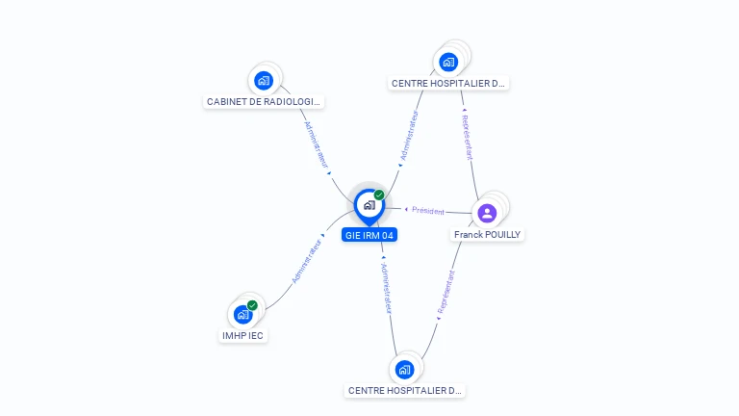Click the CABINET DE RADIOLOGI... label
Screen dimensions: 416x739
click(265, 101)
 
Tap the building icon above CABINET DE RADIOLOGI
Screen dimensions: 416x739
click(264, 80)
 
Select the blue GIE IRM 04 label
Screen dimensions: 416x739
click(369, 235)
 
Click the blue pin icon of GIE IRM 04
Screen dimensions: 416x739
click(369, 205)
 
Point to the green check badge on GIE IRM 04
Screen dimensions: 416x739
click(379, 195)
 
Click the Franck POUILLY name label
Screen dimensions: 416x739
click(488, 234)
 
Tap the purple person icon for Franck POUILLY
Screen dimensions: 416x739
click(487, 213)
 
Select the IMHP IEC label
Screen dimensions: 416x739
click(242, 335)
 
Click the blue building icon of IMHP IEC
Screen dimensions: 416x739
click(243, 314)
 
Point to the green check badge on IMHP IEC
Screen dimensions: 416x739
click(252, 305)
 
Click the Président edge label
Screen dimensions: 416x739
click(428, 211)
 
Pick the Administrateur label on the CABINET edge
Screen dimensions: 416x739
click(317, 144)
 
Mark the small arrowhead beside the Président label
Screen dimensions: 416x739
click(407, 209)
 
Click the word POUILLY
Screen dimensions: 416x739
click(502, 234)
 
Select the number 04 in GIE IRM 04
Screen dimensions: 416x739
click(387, 235)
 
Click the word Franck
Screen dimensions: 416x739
click(469, 234)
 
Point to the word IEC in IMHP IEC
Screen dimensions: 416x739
click(255, 335)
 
